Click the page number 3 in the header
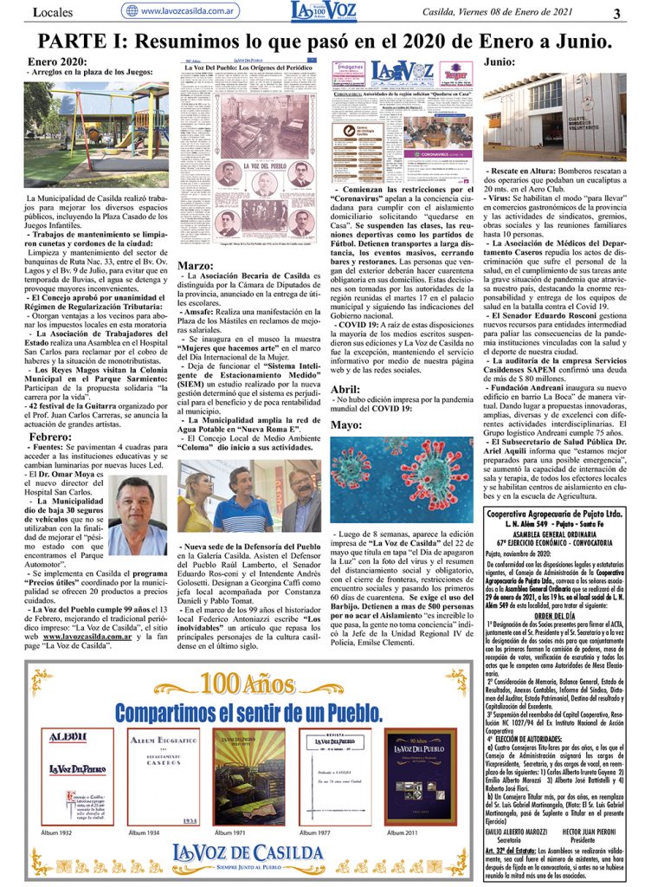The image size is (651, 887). pos(616,13)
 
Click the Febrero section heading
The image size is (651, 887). pos(49,437)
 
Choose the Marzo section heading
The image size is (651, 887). pos(196,266)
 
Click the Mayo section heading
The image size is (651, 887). pos(346,425)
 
